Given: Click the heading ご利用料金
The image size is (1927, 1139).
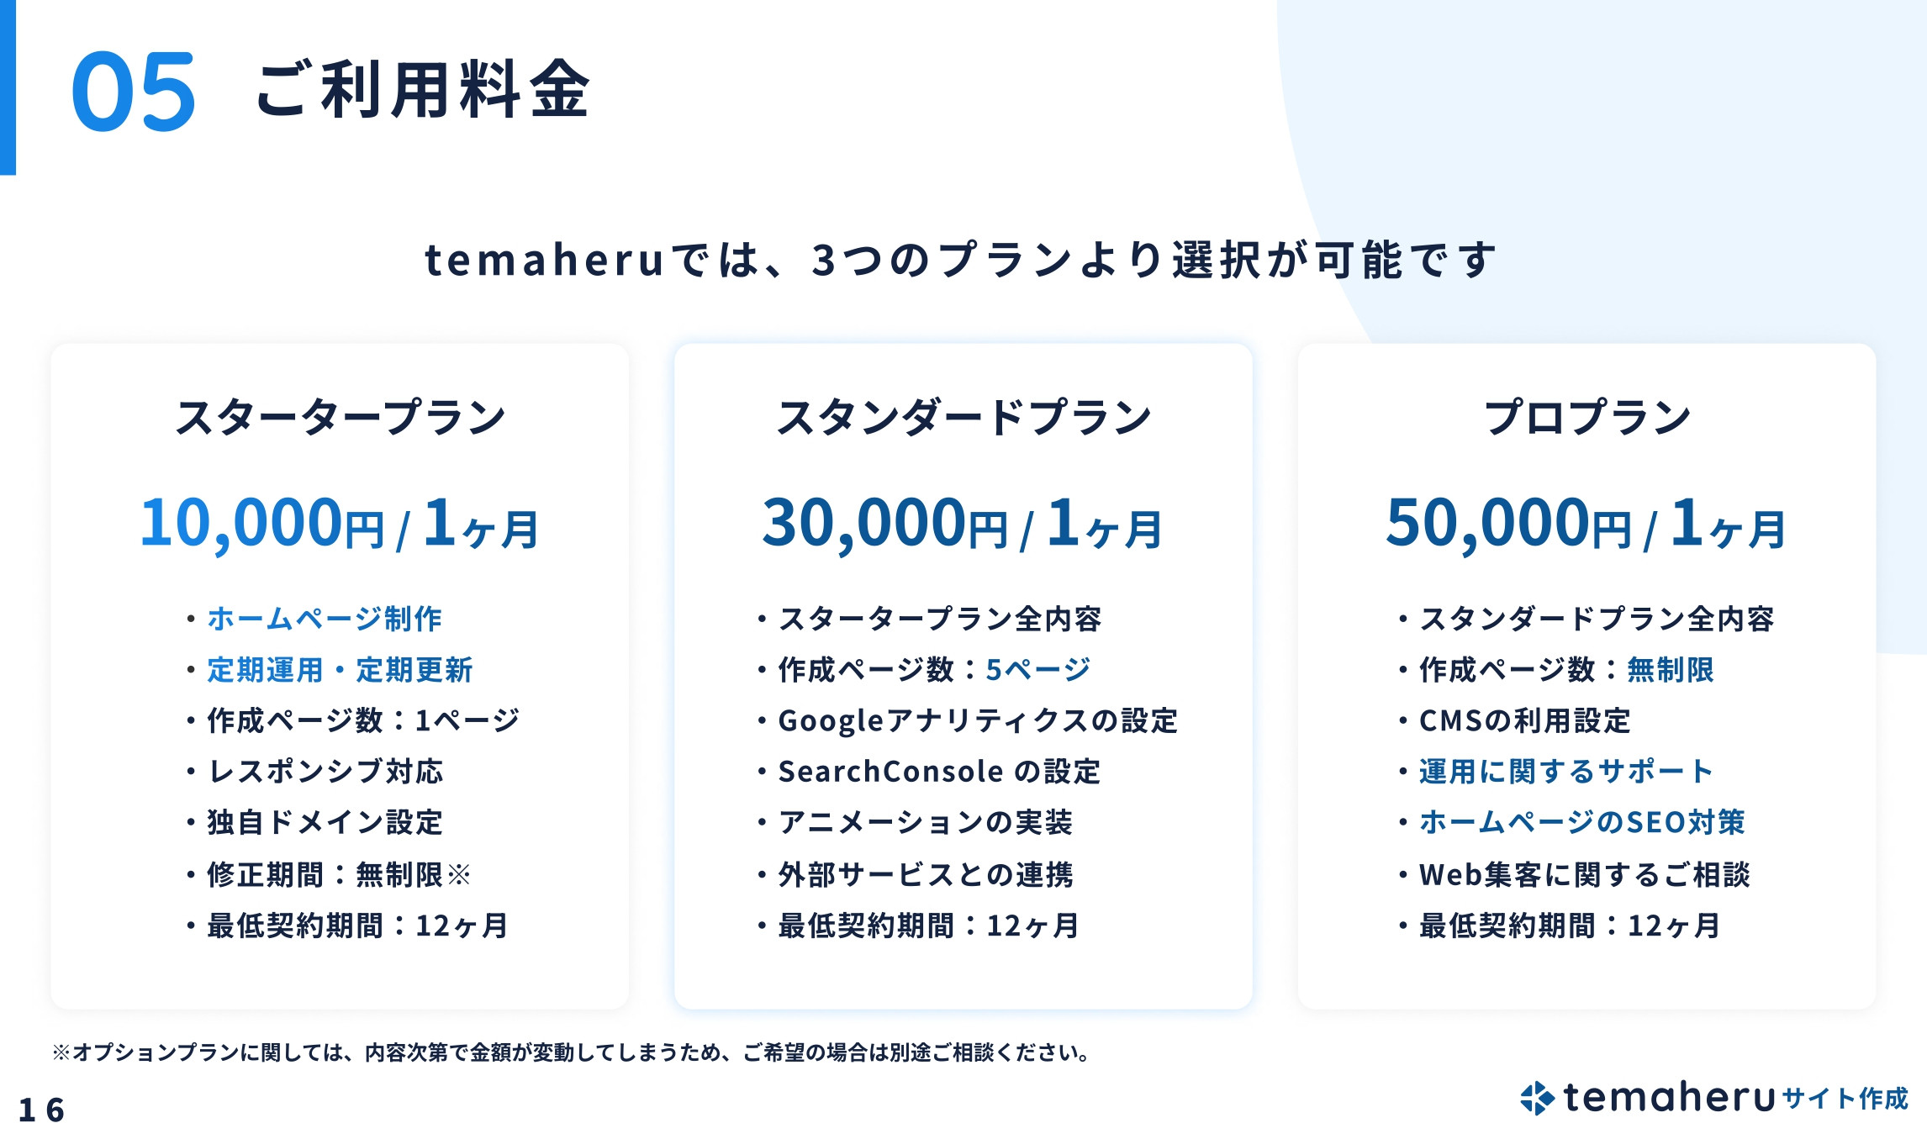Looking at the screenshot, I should [x=422, y=90].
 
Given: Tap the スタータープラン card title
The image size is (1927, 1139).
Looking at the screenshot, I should [x=340, y=417].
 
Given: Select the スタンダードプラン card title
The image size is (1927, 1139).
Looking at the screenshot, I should [x=963, y=417].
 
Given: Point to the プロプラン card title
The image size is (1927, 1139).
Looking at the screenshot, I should [x=1586, y=417].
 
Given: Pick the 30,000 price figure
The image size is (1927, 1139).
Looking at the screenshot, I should [x=863, y=523].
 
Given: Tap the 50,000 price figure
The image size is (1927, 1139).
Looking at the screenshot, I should [x=1487, y=523].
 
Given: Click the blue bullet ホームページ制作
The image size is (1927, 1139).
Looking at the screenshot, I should [x=325, y=619].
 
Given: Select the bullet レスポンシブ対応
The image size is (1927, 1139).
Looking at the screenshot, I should [x=325, y=772].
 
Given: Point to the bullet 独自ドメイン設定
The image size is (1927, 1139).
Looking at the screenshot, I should [x=325, y=822].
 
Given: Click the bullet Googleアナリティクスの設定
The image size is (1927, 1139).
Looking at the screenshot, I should [x=977, y=720].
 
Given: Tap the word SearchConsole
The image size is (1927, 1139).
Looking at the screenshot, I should [x=890, y=772].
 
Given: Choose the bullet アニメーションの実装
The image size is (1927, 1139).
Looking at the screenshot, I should [x=925, y=822].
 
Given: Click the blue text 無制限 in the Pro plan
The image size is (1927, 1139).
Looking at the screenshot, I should [x=1670, y=670].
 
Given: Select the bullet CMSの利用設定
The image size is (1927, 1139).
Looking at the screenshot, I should [x=1524, y=720].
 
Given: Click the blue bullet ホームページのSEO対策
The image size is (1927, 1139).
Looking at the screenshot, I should [x=1581, y=822].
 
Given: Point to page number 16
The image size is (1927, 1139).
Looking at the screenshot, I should [x=41, y=1110].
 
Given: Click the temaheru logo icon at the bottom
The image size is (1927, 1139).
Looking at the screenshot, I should [x=1537, y=1098].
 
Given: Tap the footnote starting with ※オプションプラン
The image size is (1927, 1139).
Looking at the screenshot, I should [x=572, y=1052].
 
